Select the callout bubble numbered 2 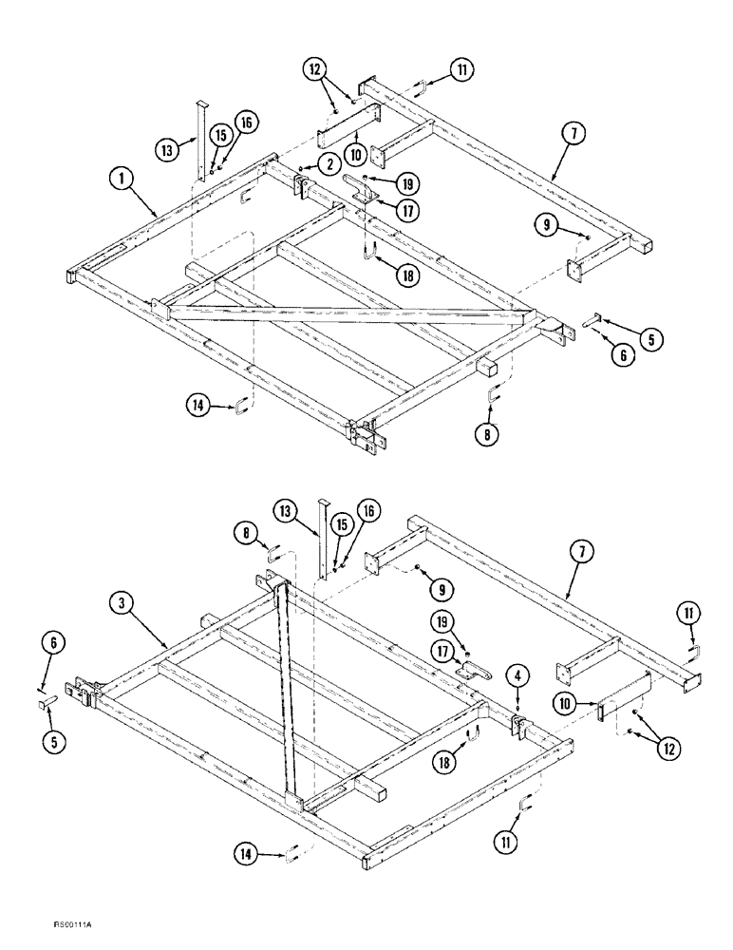(329, 163)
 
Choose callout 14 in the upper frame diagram (197, 408)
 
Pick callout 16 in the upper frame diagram (245, 123)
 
